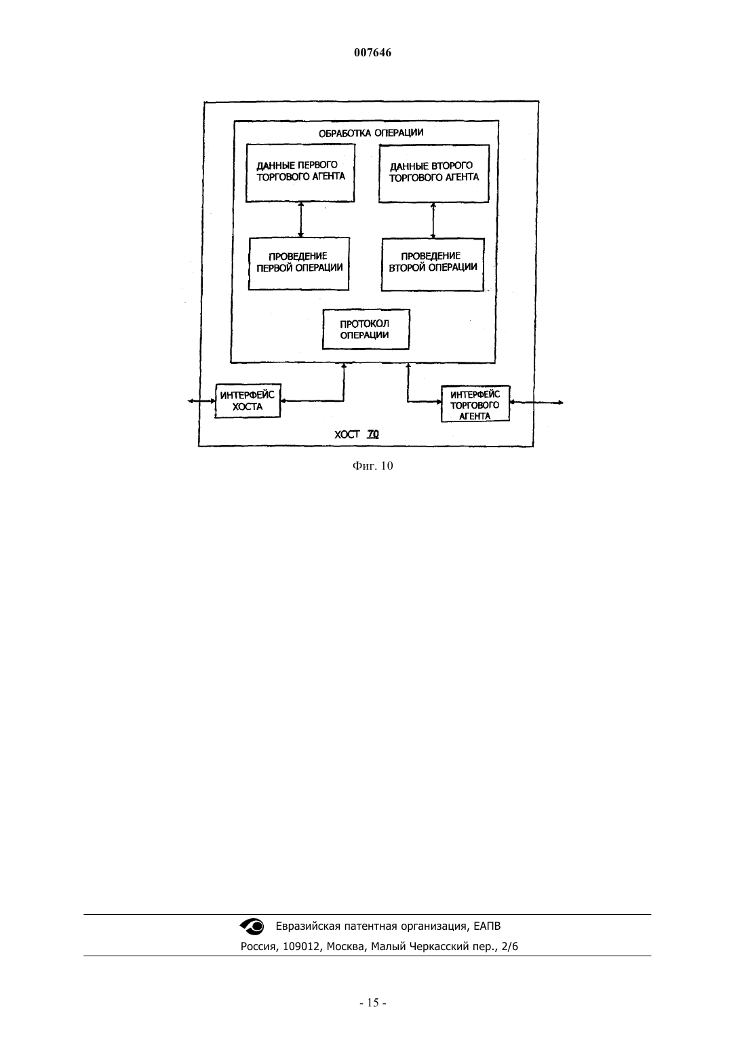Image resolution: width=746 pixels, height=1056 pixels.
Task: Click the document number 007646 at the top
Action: (x=372, y=53)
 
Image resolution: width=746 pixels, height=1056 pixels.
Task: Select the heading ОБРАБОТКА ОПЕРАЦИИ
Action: (x=371, y=133)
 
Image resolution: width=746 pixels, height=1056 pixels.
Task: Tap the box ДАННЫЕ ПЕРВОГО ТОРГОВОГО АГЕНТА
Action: (x=300, y=173)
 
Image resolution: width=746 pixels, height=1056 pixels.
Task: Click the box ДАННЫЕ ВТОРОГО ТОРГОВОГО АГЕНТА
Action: (x=434, y=174)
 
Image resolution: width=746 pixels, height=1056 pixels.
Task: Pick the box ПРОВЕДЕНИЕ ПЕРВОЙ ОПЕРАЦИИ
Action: (x=299, y=263)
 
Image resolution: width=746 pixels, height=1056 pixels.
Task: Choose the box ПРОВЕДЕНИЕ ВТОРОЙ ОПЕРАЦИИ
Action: (x=433, y=265)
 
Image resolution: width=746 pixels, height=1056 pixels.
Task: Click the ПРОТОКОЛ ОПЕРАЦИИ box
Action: (x=366, y=330)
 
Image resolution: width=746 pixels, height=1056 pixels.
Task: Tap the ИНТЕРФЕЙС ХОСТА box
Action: (x=248, y=400)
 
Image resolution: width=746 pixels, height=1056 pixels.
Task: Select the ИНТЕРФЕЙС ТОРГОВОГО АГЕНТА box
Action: (x=475, y=404)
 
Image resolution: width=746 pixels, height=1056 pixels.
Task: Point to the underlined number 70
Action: (x=373, y=434)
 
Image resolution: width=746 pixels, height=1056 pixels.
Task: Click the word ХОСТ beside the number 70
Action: (x=347, y=434)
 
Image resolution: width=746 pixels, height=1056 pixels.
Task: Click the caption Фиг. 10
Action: (x=372, y=466)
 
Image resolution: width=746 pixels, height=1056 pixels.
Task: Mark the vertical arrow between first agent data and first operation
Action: (x=300, y=220)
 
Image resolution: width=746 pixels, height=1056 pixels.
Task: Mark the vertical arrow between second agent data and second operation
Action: (x=433, y=221)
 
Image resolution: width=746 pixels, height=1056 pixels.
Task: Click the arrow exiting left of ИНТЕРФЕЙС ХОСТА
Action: (x=201, y=401)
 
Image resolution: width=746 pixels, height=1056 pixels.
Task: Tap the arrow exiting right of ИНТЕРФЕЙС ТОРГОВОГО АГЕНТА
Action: (x=536, y=402)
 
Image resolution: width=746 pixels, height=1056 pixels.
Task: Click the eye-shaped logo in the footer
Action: (x=252, y=926)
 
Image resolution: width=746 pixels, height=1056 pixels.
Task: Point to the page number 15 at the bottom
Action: (x=373, y=1003)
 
